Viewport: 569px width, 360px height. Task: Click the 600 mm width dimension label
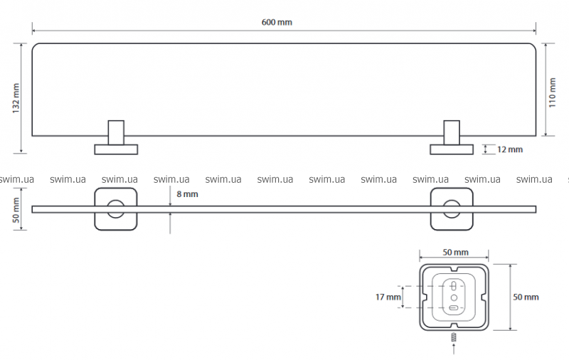point(277,22)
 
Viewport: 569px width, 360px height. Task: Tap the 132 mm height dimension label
point(16,97)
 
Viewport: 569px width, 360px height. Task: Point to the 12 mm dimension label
point(509,149)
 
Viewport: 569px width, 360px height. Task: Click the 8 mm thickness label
point(187,194)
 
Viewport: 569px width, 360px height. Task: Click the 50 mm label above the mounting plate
point(454,253)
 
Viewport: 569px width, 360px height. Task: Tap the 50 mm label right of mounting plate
point(526,296)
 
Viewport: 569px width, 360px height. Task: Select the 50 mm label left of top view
point(16,211)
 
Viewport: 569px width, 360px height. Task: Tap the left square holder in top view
point(115,209)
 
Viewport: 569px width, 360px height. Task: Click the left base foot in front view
point(117,149)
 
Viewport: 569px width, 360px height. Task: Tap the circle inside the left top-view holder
point(115,209)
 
